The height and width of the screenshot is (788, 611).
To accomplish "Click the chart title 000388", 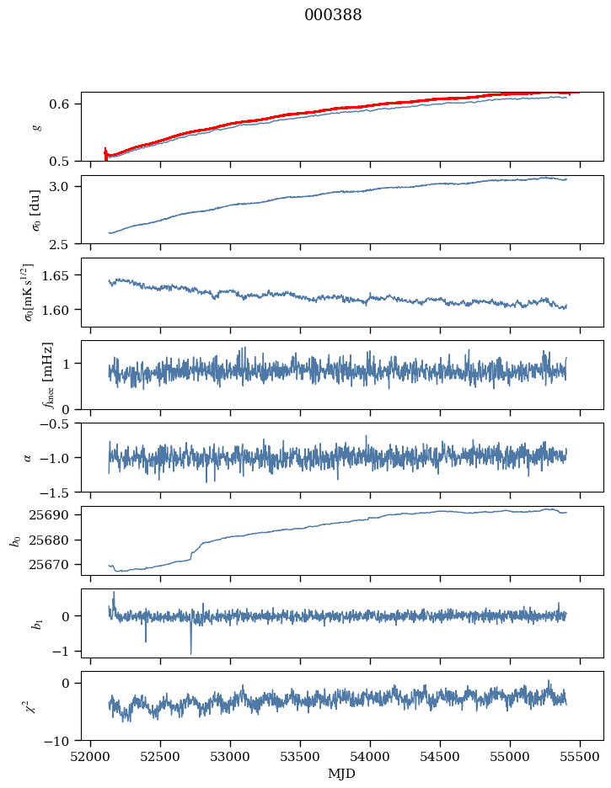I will pyautogui.click(x=333, y=15).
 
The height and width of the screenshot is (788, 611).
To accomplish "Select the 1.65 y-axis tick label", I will pyautogui.click(x=63, y=275).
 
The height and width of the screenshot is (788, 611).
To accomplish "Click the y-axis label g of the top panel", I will pyautogui.click(x=35, y=126).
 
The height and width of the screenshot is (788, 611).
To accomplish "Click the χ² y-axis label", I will pyautogui.click(x=34, y=706).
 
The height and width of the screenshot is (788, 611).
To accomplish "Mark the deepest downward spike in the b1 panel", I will pyautogui.click(x=190, y=653).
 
